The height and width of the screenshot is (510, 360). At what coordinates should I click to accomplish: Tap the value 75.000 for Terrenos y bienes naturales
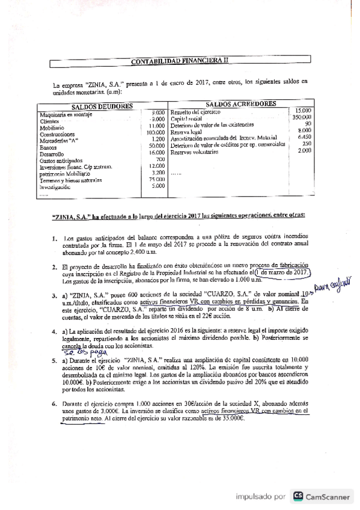point(156,179)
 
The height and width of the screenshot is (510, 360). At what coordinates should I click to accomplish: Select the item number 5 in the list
point(53,360)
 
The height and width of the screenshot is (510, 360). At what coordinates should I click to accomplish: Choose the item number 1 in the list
point(55,238)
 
